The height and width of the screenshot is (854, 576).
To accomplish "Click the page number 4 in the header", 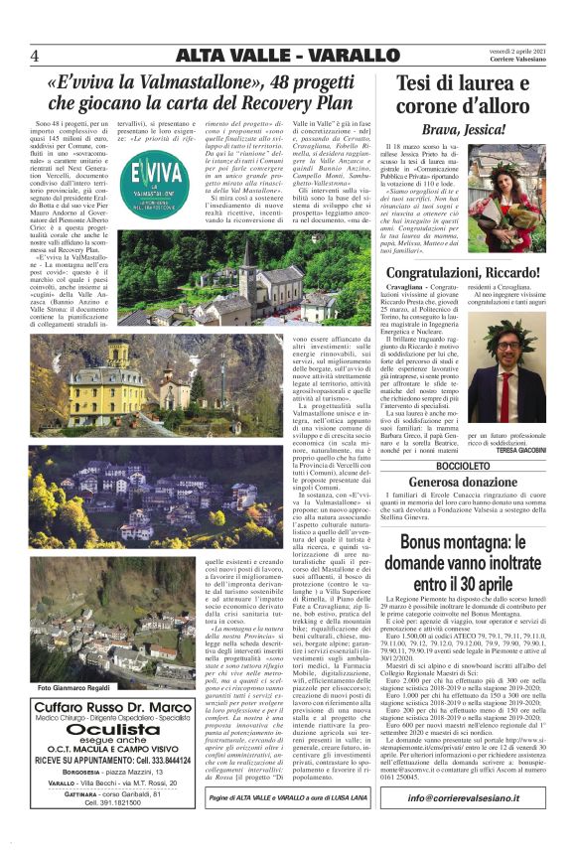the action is click(36, 54).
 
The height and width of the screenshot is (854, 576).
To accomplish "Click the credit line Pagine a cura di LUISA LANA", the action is click(283, 826).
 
